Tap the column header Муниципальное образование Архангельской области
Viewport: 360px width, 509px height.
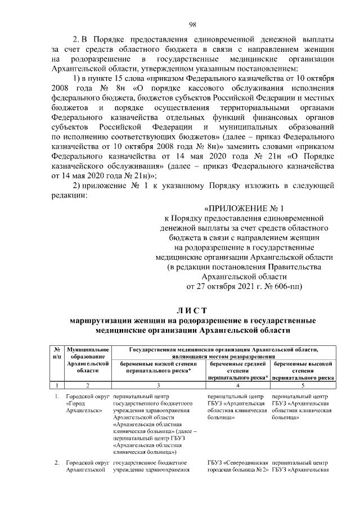[87, 359]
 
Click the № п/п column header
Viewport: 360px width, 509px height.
[57, 353]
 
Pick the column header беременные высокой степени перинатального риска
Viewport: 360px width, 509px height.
[303, 371]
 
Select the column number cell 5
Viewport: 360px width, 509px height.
[303, 385]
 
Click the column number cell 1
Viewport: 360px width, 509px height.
[57, 385]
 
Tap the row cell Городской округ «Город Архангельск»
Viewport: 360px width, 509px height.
[87, 404]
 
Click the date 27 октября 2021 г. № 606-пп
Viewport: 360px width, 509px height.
[244, 286]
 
